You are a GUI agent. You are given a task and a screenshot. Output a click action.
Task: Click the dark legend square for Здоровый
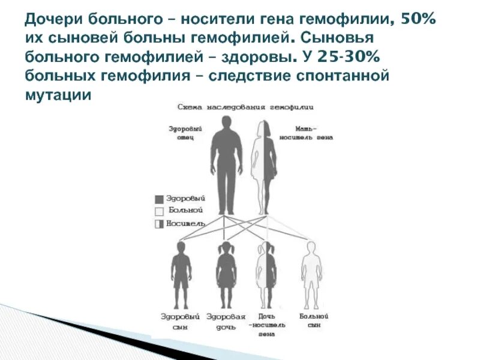[x=159, y=199]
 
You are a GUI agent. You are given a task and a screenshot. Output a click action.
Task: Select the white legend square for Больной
[x=159, y=211]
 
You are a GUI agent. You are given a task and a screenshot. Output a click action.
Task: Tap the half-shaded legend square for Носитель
[x=159, y=224]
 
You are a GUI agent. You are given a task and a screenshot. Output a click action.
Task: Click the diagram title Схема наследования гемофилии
[x=245, y=106]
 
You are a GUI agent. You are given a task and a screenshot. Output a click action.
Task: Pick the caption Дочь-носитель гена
[x=266, y=324]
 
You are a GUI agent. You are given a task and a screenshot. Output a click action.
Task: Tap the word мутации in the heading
[x=58, y=95]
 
